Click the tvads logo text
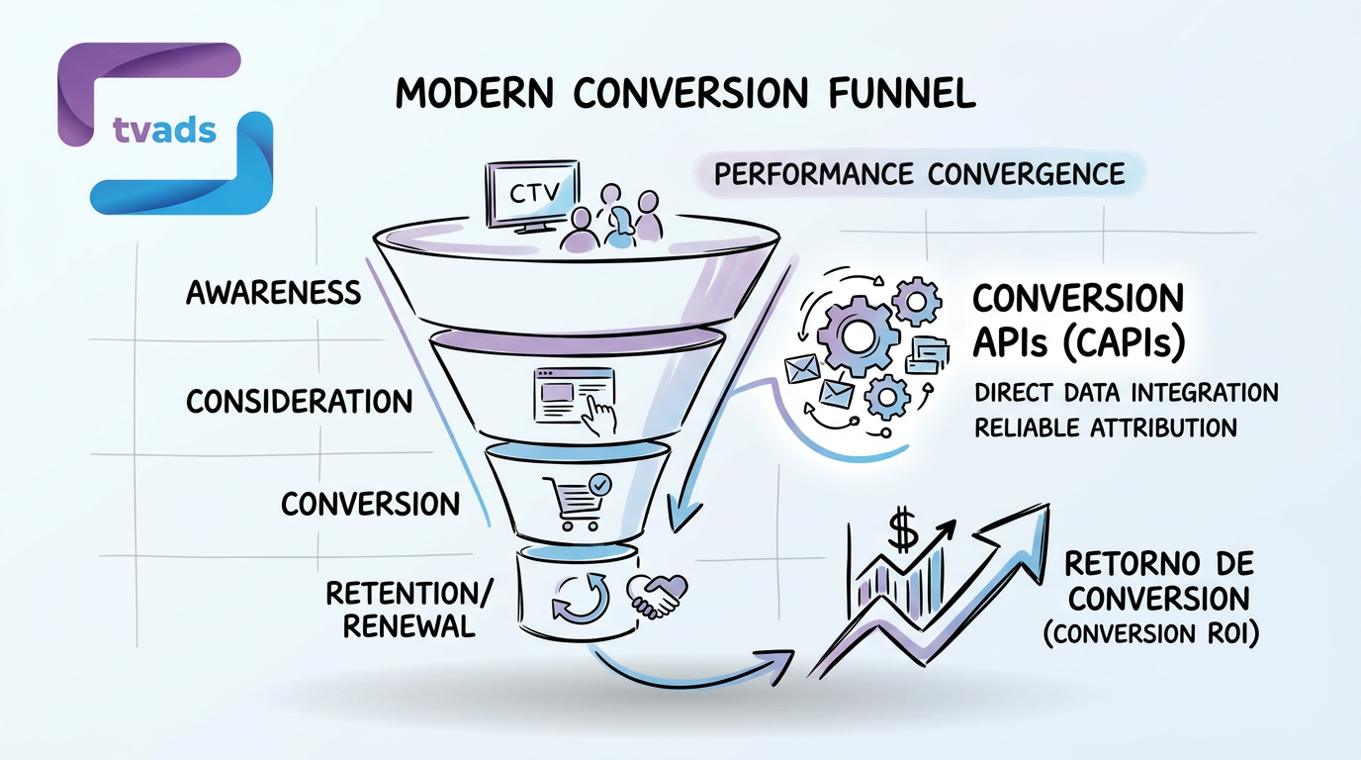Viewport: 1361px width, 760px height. tap(158, 130)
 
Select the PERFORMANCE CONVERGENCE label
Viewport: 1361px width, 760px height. tap(920, 174)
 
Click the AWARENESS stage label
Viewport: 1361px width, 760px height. tap(274, 293)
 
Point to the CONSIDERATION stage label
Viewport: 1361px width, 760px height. tap(300, 401)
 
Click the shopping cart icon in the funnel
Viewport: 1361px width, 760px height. tap(574, 501)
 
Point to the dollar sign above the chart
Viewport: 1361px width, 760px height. tap(903, 530)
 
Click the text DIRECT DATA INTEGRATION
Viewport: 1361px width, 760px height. tap(1126, 392)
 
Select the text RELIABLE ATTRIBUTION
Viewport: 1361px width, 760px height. tap(1105, 427)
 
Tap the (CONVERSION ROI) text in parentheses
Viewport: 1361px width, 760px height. tap(1150, 634)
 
